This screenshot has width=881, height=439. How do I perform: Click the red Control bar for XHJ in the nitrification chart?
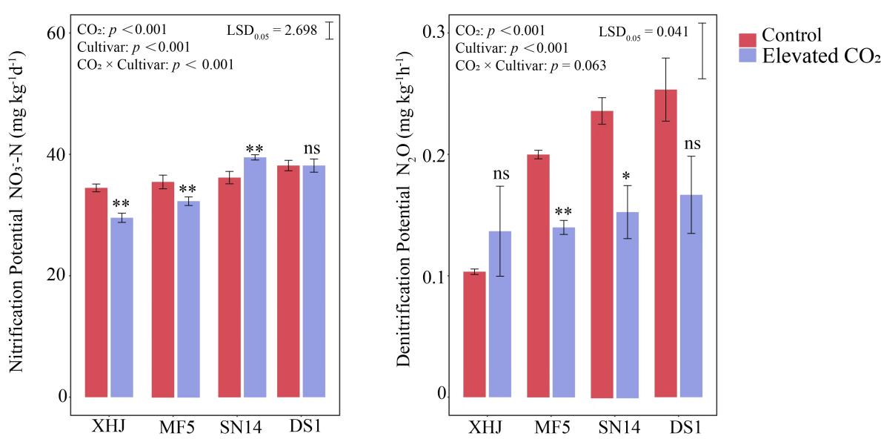96,292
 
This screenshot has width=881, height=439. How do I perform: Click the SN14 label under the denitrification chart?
619,429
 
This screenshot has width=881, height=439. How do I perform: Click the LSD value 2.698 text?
298,30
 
